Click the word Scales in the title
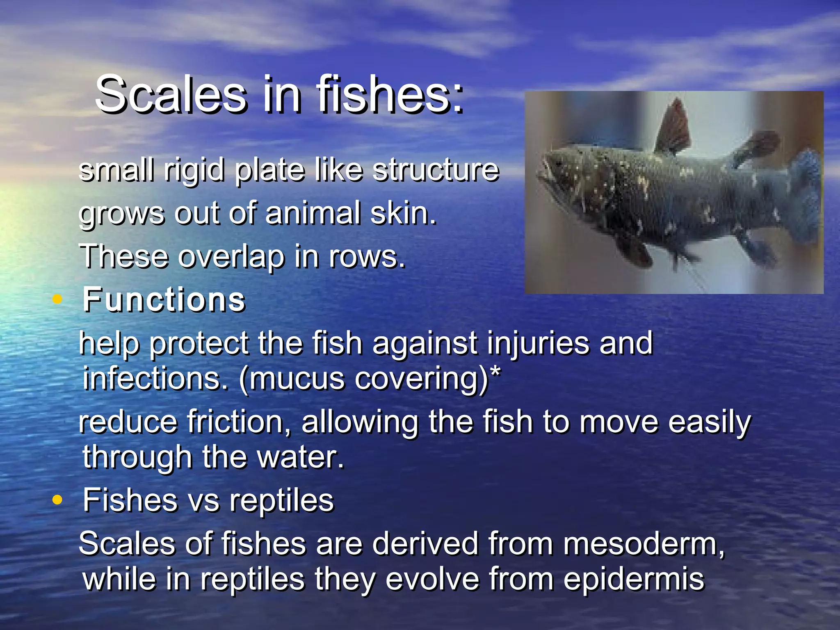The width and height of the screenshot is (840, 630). pos(171,95)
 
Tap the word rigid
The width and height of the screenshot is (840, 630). pos(194,169)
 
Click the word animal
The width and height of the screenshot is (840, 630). pos(313,213)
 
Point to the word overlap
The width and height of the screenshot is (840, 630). pos(231,257)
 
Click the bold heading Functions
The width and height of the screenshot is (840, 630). pos(164,300)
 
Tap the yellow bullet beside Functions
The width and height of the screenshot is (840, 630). pos(57,299)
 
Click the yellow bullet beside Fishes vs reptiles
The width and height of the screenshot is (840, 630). pos(57,500)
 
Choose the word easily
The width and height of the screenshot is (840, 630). pos(709,422)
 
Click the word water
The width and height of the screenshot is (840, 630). pos(300,457)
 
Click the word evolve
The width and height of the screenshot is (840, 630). pos(432,579)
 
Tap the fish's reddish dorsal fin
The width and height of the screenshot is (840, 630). pos(673,127)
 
